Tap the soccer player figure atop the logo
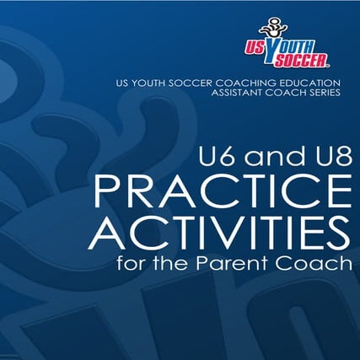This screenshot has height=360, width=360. (297, 24)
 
